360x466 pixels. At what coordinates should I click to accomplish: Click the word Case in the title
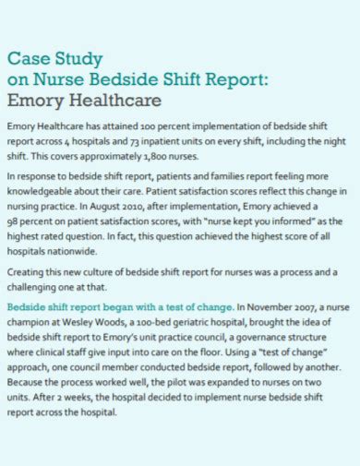[x=27, y=57]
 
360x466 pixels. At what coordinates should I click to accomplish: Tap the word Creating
[x=27, y=272]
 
